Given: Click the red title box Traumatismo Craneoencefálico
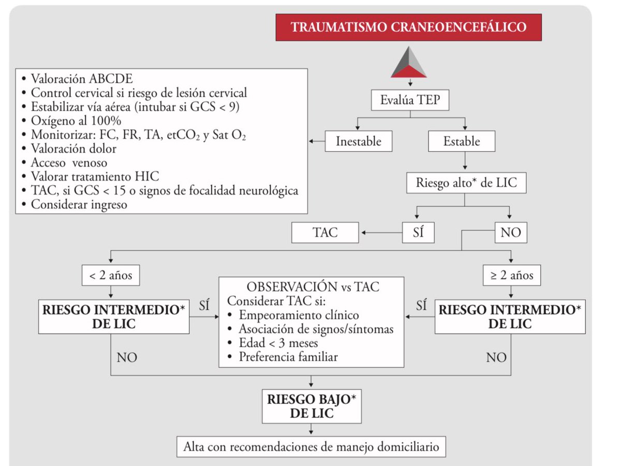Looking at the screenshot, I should pyautogui.click(x=408, y=27).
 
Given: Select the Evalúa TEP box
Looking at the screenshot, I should pyautogui.click(x=410, y=100).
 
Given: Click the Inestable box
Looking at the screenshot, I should pyautogui.click(x=358, y=141).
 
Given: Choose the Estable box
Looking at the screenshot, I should pyautogui.click(x=462, y=141).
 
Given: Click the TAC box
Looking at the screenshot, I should pyautogui.click(x=325, y=232).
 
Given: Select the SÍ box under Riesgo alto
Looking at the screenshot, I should pyautogui.click(x=419, y=232).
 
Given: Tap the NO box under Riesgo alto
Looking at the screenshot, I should pyautogui.click(x=510, y=233).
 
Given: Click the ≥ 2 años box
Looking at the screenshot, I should pyautogui.click(x=512, y=275).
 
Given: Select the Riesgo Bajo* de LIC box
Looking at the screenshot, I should pyautogui.click(x=311, y=407).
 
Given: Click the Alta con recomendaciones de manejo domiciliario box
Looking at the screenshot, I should pyautogui.click(x=311, y=446).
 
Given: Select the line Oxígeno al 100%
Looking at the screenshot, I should pyautogui.click(x=77, y=121).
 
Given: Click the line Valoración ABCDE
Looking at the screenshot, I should pyautogui.click(x=82, y=79).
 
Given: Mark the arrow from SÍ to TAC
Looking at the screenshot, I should pyautogui.click(x=381, y=233).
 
